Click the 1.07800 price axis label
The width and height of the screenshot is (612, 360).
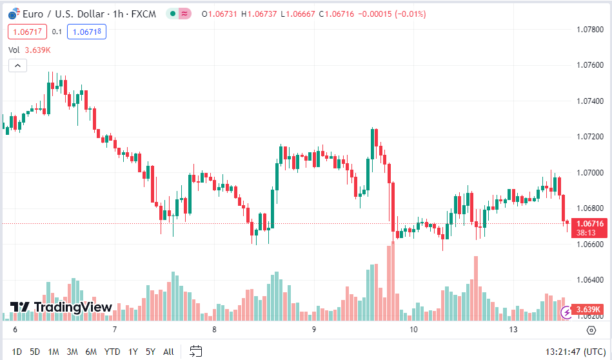[590, 30]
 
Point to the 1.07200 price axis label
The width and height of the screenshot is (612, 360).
[590, 137]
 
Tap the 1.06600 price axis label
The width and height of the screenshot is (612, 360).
[590, 245]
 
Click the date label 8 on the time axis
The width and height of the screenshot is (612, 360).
[214, 330]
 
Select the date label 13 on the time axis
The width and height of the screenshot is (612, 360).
[513, 330]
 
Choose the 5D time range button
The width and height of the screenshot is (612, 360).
[35, 352]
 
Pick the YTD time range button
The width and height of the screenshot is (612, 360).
[112, 352]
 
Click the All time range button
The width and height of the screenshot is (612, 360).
[168, 352]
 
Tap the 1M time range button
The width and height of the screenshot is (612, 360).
[54, 352]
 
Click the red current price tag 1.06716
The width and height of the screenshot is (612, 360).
[590, 223]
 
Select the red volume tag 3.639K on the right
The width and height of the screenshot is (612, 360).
[589, 309]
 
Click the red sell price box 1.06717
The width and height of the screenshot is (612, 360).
[26, 32]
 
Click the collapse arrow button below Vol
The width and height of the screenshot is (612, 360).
[17, 65]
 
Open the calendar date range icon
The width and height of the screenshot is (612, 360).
[196, 352]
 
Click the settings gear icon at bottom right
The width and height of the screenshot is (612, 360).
[591, 330]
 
